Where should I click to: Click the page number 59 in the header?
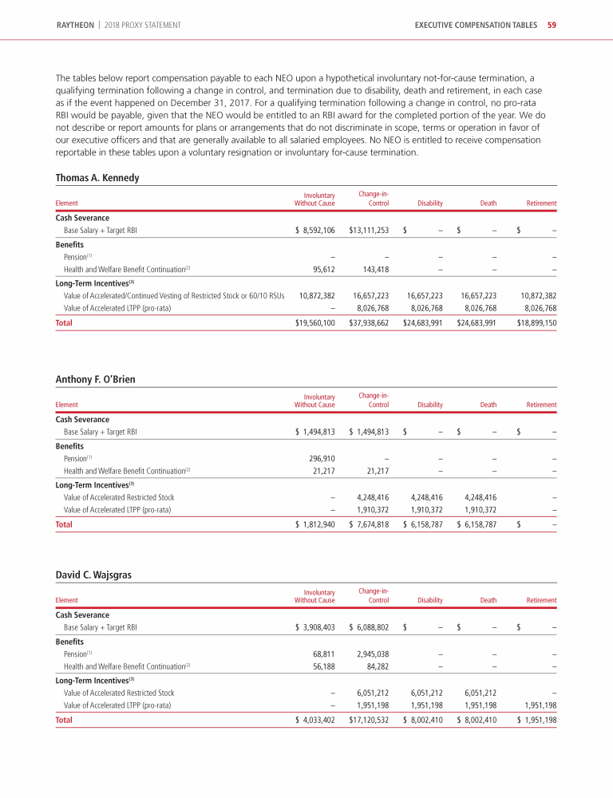552,26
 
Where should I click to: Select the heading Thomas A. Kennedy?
97,178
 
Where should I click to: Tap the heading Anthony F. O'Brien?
95,379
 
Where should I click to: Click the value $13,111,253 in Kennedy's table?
369,231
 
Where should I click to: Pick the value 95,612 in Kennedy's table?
322,269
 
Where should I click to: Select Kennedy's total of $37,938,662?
369,323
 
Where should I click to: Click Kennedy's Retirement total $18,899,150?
537,323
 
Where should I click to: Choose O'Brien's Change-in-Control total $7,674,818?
369,524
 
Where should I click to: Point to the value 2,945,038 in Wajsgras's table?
373,654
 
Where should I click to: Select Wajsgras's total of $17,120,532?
369,720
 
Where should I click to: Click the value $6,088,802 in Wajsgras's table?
369,627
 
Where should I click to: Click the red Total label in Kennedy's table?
63,323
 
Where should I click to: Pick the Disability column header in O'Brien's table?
430,405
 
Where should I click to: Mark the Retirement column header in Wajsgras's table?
541,600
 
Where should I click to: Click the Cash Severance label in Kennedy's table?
82,218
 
